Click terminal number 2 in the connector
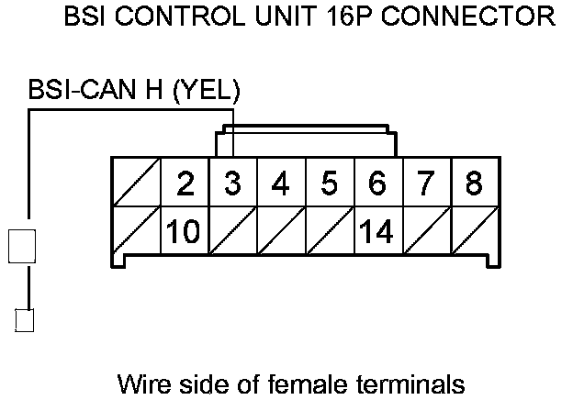point(185,183)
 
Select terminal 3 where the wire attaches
point(233,183)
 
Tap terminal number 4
point(281,183)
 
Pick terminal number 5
point(329,183)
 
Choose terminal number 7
point(424,183)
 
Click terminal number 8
point(473,183)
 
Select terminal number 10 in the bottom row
point(185,231)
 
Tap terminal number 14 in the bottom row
point(376,231)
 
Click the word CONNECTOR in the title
point(471,16)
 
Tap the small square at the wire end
point(26,320)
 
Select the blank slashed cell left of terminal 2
point(136,183)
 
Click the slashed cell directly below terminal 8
point(473,231)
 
